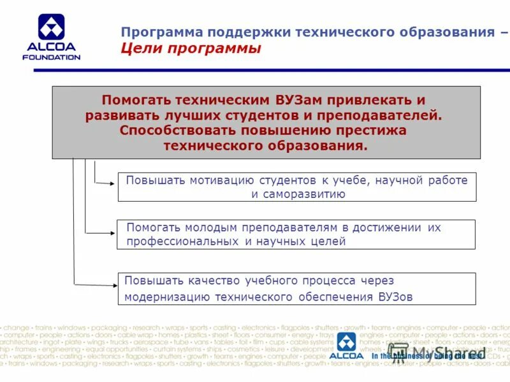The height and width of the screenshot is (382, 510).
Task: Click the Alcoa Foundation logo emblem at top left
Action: [51, 27]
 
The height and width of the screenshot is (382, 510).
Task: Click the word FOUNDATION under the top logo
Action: [51, 57]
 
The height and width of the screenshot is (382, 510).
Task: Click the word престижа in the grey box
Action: [374, 131]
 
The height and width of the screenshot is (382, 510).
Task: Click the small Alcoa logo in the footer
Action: [347, 347]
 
